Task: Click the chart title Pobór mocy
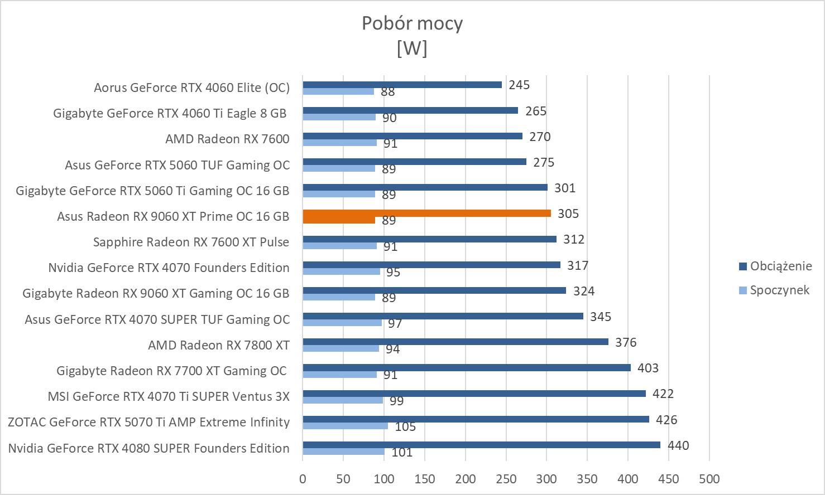click(x=412, y=23)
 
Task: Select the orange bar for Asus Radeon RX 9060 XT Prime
click(x=426, y=213)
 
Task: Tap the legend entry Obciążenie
click(x=780, y=266)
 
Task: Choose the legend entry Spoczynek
click(x=779, y=290)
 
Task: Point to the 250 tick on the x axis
click(x=506, y=479)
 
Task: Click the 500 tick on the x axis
click(x=709, y=479)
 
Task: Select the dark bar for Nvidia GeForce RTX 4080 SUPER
click(x=481, y=445)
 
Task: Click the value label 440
click(x=678, y=445)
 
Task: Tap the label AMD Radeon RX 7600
click(x=227, y=139)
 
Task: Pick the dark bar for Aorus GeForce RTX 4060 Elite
click(x=402, y=85)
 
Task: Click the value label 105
click(x=405, y=427)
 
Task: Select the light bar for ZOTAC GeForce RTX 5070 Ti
click(x=345, y=426)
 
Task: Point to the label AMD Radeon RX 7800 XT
click(x=219, y=345)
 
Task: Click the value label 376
click(x=626, y=342)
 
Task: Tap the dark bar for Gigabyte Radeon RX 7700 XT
click(x=467, y=368)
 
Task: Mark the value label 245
click(x=519, y=85)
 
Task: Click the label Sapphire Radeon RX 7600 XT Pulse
click(x=191, y=242)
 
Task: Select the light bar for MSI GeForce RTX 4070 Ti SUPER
click(x=343, y=400)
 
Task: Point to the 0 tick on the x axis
click(x=303, y=479)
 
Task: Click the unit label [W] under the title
click(x=412, y=48)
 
